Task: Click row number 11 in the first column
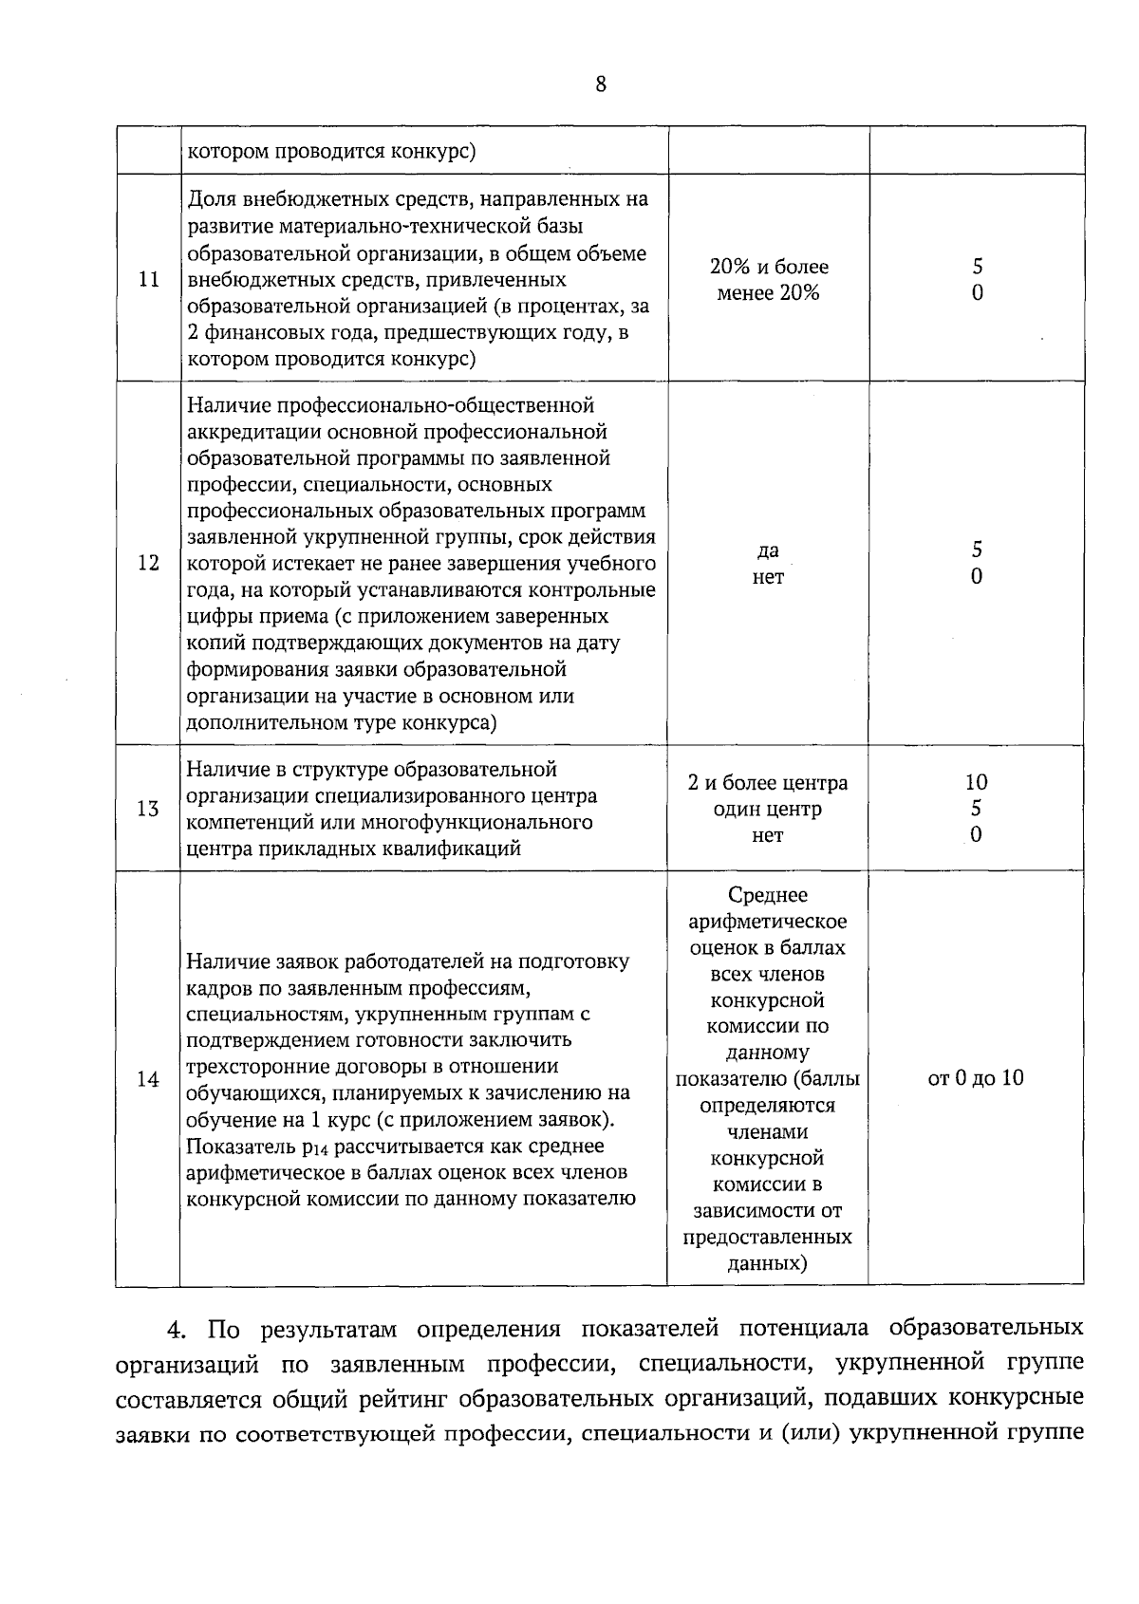pyautogui.click(x=148, y=280)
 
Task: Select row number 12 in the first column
pyautogui.click(x=148, y=563)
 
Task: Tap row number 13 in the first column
pyautogui.click(x=148, y=810)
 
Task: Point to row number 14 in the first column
pyautogui.click(x=148, y=1079)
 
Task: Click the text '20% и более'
pyautogui.click(x=768, y=267)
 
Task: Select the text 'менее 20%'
pyautogui.click(x=768, y=293)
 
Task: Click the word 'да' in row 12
pyautogui.click(x=768, y=550)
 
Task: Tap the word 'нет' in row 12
pyautogui.click(x=768, y=577)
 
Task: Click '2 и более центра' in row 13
pyautogui.click(x=768, y=783)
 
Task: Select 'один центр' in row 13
pyautogui.click(x=768, y=810)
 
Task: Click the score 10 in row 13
pyautogui.click(x=976, y=782)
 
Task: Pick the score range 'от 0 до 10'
pyautogui.click(x=976, y=1078)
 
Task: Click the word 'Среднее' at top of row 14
pyautogui.click(x=768, y=895)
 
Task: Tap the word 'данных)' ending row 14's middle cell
pyautogui.click(x=768, y=1264)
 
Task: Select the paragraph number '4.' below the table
pyautogui.click(x=177, y=1330)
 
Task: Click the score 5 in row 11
pyautogui.click(x=976, y=267)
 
